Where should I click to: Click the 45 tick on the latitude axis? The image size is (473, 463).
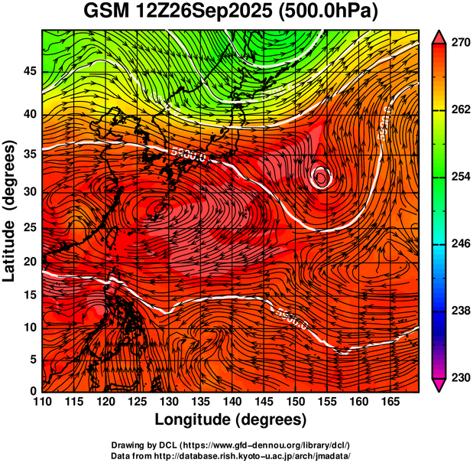(28, 71)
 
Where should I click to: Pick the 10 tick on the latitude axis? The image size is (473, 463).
(28, 328)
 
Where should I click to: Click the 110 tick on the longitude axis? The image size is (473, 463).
(42, 402)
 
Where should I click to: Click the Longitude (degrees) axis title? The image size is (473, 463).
(231, 419)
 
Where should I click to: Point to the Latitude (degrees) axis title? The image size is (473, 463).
(10, 210)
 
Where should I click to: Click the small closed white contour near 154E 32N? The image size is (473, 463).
(321, 178)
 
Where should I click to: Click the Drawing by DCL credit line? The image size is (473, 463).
(230, 445)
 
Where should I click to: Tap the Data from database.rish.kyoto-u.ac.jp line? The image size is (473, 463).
(230, 455)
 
